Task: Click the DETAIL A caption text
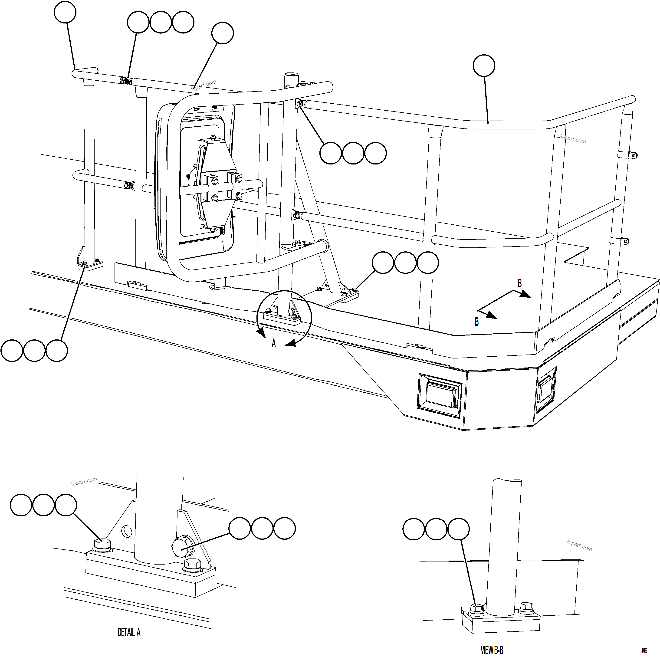point(129,632)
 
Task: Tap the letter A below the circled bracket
point(274,343)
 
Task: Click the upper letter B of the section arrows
point(520,283)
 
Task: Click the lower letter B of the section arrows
point(477,322)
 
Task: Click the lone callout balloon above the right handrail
point(484,65)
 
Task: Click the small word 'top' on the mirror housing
point(197,110)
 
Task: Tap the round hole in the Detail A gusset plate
point(127,531)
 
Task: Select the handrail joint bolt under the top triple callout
point(126,81)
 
